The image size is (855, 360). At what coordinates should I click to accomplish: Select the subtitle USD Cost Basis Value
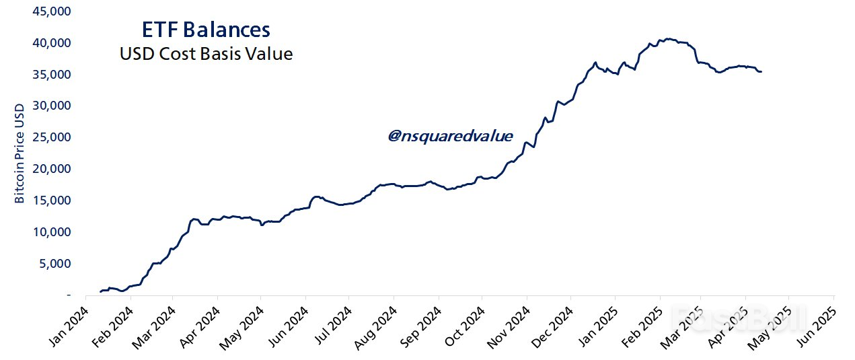pyautogui.click(x=206, y=54)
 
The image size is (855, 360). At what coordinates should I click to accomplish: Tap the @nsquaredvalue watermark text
pyautogui.click(x=450, y=136)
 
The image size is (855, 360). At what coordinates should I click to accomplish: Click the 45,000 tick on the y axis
pyautogui.click(x=52, y=11)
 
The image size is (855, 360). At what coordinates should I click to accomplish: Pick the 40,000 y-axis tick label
pyautogui.click(x=52, y=43)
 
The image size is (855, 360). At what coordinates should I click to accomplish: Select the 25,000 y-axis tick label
pyautogui.click(x=52, y=137)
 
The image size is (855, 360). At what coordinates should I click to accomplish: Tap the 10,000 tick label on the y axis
pyautogui.click(x=52, y=232)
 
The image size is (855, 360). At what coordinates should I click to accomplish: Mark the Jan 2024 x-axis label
pyautogui.click(x=68, y=328)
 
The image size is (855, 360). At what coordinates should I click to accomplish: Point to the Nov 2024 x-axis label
pyautogui.click(x=509, y=328)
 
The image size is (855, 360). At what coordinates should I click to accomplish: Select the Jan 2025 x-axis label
pyautogui.click(x=597, y=328)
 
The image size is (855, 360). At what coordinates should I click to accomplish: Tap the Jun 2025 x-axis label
pyautogui.click(x=817, y=328)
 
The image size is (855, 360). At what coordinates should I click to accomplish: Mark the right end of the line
pyautogui.click(x=761, y=71)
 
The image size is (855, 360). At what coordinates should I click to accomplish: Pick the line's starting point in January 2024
pyautogui.click(x=100, y=291)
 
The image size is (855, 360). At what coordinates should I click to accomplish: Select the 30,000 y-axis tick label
pyautogui.click(x=52, y=106)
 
